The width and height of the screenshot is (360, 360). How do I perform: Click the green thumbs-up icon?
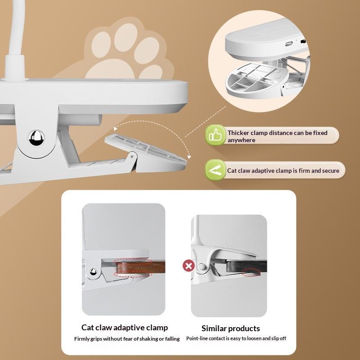pos(216,135)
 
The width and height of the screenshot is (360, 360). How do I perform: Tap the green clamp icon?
pos(216,170)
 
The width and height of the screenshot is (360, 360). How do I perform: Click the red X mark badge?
pos(189,266)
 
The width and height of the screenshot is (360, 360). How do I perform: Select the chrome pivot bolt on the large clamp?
pos(36,138)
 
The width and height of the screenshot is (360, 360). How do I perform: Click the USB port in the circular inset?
pos(288,43)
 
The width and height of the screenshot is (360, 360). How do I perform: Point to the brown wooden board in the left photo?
pos(140,267)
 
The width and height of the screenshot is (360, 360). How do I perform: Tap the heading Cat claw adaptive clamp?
pos(125,328)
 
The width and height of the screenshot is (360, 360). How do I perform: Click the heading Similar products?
pos(230,328)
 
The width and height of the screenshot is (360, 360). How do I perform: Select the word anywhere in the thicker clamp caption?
pos(241,140)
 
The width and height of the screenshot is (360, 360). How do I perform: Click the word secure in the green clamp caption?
pos(331,171)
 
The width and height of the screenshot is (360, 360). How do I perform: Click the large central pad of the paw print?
pos(111,69)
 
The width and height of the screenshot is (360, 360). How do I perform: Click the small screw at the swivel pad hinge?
pos(132,157)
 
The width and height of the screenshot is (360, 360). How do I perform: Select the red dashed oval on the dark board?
pos(251,272)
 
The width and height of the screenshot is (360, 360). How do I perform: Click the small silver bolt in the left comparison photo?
pos(93,272)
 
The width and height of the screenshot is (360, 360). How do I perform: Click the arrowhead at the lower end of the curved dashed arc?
pos(189,157)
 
